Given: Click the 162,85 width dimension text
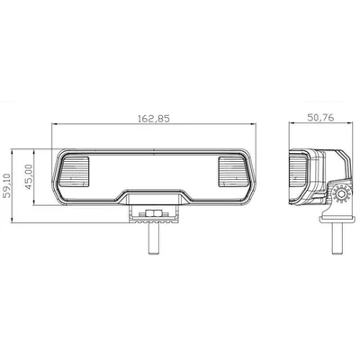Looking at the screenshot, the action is coord(154,119).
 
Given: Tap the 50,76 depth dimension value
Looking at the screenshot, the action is coord(320,118).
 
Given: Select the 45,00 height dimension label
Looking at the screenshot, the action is coord(29,176).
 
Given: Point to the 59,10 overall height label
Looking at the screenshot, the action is coord(6,185).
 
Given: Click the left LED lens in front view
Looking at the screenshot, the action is coord(75,172).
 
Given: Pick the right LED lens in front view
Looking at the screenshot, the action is coord(234,172).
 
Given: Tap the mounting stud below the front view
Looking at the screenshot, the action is coord(154,238).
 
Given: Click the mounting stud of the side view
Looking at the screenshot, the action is coord(337,238).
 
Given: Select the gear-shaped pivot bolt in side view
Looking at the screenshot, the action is coord(341,194).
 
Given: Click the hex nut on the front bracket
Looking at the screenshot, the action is coord(154,213).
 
